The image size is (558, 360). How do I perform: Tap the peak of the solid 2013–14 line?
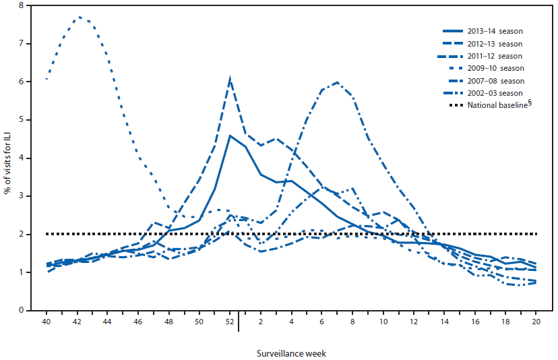[230, 136]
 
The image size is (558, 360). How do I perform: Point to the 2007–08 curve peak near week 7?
[337, 82]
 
